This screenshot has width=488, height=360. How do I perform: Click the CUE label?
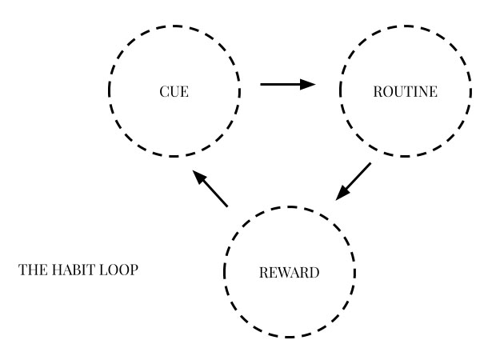coord(174,91)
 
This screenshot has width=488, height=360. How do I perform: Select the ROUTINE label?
coord(405,91)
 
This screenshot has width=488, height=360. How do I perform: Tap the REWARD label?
coord(289,273)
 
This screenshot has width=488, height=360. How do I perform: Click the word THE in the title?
coord(30,270)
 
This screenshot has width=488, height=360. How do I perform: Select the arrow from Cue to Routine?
coord(288,83)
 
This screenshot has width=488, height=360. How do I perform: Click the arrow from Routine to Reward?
coord(353,182)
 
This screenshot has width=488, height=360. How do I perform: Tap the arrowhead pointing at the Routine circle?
coord(309,83)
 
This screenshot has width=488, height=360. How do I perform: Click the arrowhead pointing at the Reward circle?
coord(342,193)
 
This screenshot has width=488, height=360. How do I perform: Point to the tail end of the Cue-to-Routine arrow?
coord(263,83)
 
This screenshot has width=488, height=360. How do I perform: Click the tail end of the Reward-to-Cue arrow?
coord(226,206)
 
